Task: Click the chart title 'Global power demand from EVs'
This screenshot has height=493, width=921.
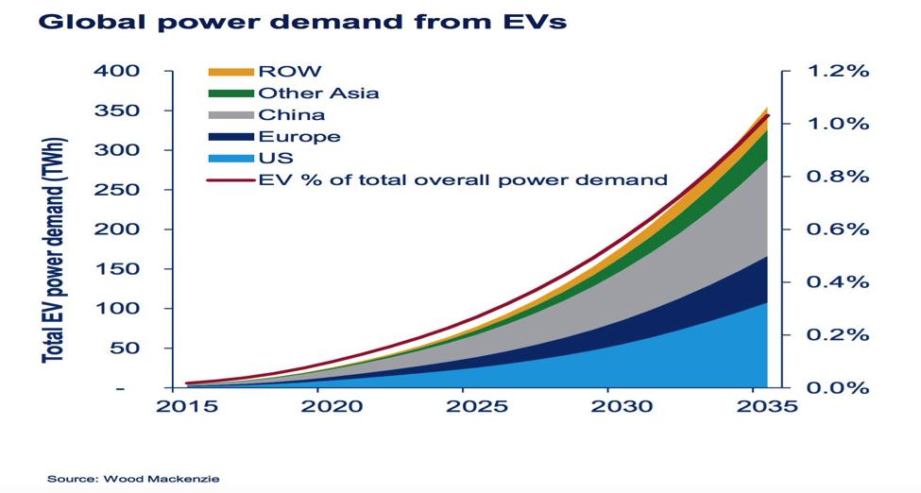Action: pos(301,22)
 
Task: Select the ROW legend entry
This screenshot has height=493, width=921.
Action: pos(289,71)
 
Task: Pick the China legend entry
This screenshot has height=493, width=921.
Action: pos(291,114)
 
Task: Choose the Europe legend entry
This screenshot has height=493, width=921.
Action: pos(298,136)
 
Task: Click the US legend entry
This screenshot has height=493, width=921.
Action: pos(275,158)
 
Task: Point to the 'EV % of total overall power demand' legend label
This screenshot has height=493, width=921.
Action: pos(463,179)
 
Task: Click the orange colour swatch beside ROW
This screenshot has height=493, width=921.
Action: pos(230,71)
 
